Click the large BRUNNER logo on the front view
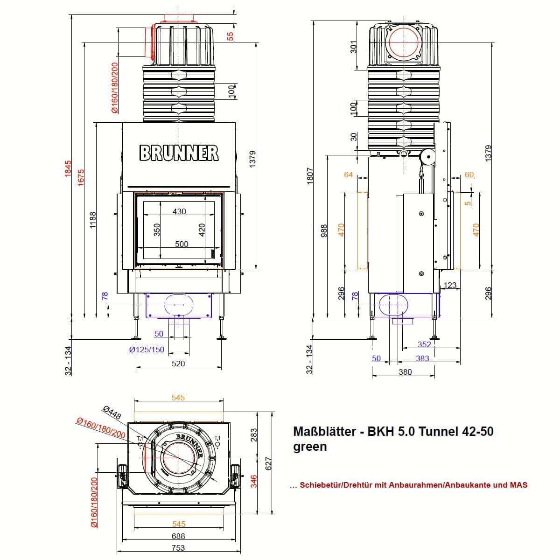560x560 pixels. (179, 153)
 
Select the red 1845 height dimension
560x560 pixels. (68, 168)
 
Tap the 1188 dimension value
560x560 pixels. (93, 220)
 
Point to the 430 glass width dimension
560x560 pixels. (179, 211)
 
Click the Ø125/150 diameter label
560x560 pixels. (147, 350)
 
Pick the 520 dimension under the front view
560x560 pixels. (178, 364)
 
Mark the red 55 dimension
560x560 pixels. (231, 36)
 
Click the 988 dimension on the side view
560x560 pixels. (325, 231)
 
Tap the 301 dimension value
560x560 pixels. (353, 47)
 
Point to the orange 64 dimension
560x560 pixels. (349, 175)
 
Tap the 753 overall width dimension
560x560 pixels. (178, 547)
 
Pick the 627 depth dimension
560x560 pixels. (268, 463)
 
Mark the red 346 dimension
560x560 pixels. (254, 481)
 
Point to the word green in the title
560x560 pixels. (310, 447)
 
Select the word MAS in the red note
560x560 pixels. (519, 485)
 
